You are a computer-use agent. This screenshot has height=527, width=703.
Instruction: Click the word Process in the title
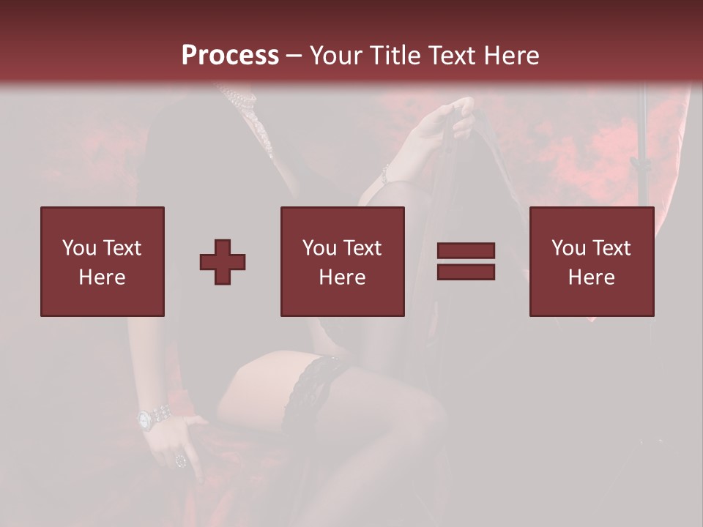pos(230,56)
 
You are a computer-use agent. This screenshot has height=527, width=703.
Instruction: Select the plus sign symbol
pos(223,261)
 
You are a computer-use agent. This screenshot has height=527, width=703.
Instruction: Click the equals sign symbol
pos(466,261)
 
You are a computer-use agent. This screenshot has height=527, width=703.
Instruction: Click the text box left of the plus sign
pos(103,261)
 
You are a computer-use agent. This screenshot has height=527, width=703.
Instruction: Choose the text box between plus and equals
pos(343,261)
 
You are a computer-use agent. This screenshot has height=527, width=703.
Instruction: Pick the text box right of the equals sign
pos(592,261)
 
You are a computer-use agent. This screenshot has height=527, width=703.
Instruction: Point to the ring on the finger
pos(181,460)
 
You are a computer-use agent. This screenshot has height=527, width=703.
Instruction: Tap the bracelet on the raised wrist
pos(384,174)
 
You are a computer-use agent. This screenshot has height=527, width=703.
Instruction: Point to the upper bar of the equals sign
pos(466,251)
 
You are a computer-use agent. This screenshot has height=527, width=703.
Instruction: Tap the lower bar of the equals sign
pos(466,272)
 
